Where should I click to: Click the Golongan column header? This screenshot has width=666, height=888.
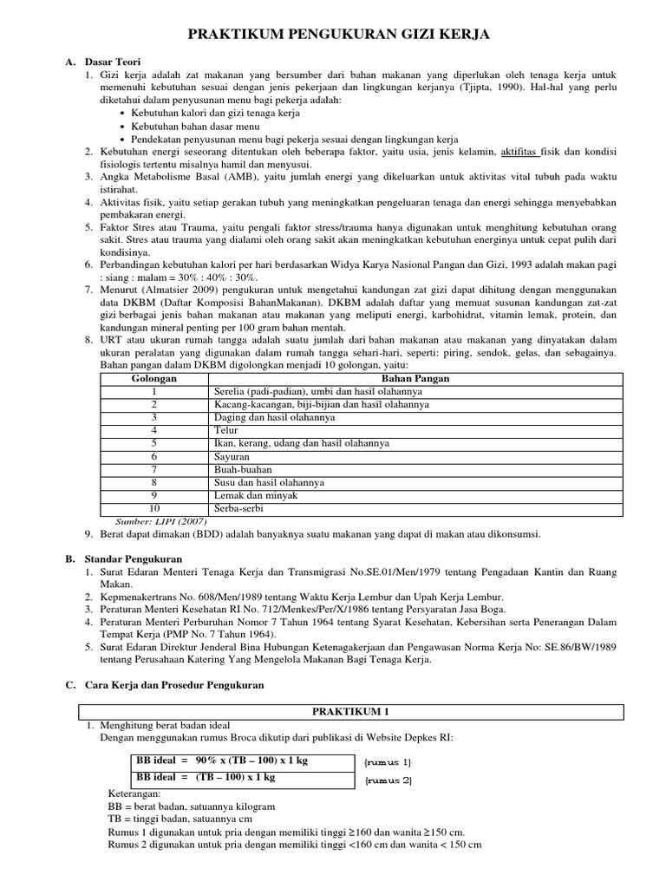click(153, 379)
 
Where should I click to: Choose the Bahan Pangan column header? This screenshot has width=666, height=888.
click(415, 379)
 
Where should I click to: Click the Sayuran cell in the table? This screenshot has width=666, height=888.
click(232, 456)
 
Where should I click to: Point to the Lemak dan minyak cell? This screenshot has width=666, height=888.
click(256, 495)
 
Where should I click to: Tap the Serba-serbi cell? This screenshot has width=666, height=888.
click(239, 508)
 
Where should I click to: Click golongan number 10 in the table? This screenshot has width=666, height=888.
click(153, 508)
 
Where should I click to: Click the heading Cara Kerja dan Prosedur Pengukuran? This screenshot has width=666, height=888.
click(174, 685)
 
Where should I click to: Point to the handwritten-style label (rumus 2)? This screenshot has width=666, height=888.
click(388, 780)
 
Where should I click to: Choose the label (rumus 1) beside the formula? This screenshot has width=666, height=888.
click(388, 762)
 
